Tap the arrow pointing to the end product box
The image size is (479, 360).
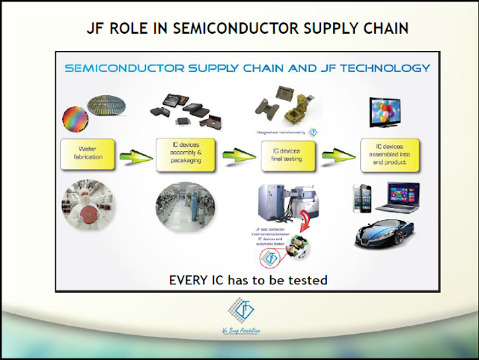[337, 156]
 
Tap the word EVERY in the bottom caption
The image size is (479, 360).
[189, 280]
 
